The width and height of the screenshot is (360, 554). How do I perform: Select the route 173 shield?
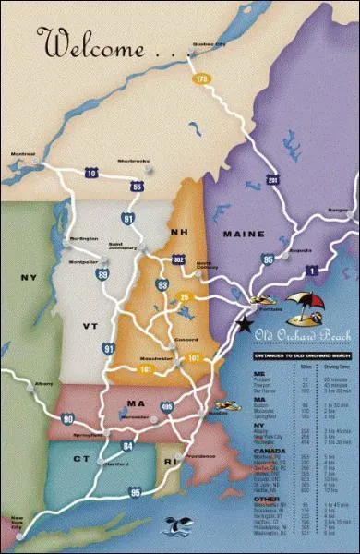click(x=201, y=79)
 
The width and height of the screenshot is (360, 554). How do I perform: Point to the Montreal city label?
click(x=22, y=153)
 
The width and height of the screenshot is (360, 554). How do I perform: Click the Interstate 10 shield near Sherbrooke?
click(x=91, y=173)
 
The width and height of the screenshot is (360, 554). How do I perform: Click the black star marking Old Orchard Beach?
click(x=244, y=324)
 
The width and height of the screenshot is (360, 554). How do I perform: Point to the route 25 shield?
click(x=184, y=296)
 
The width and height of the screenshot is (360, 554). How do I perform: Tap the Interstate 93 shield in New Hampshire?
click(x=162, y=286)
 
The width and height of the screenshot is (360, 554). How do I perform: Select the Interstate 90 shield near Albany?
click(x=67, y=393)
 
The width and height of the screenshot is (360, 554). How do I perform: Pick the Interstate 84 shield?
click(x=126, y=422)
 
